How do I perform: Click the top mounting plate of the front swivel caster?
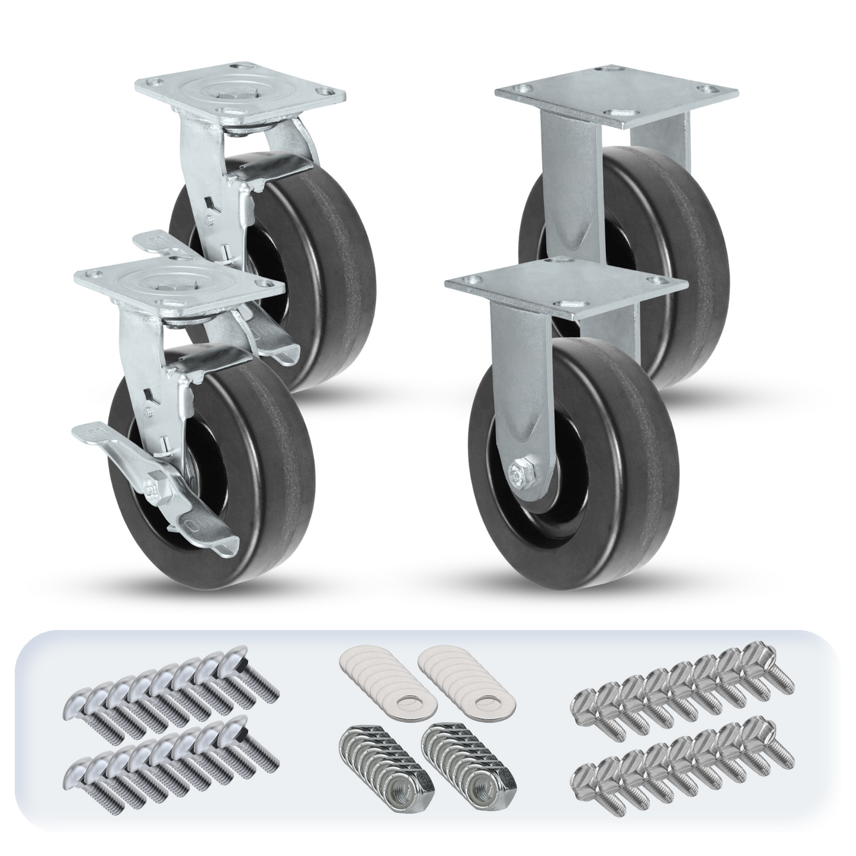178,284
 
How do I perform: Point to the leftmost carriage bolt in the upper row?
89,705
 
